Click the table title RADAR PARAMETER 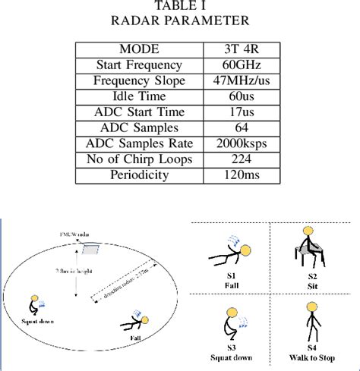(x=180, y=20)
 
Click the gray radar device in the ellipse (x=92, y=249)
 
